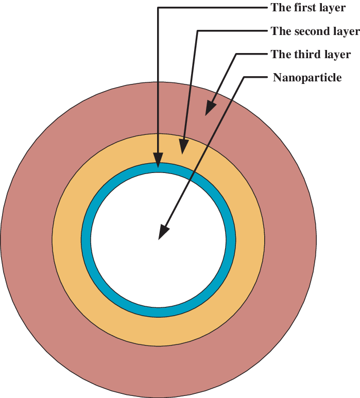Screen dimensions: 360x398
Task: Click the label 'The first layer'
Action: click(x=308, y=8)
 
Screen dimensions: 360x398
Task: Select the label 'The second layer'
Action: click(x=315, y=31)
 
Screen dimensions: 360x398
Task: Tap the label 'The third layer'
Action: click(x=311, y=54)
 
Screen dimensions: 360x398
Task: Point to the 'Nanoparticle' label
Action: click(x=307, y=77)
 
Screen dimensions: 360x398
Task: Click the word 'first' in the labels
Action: click(x=304, y=8)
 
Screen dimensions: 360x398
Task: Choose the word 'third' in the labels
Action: click(x=305, y=54)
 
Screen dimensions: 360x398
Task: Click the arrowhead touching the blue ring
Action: click(x=158, y=160)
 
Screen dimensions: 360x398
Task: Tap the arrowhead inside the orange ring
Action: click(x=184, y=146)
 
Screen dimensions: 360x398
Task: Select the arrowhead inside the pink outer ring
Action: click(x=211, y=108)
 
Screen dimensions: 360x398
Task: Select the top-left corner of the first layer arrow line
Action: click(x=158, y=8)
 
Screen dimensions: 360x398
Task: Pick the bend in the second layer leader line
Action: click(x=198, y=31)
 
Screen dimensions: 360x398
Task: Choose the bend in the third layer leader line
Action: click(x=236, y=54)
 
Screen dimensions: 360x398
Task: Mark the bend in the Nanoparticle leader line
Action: click(x=244, y=77)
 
